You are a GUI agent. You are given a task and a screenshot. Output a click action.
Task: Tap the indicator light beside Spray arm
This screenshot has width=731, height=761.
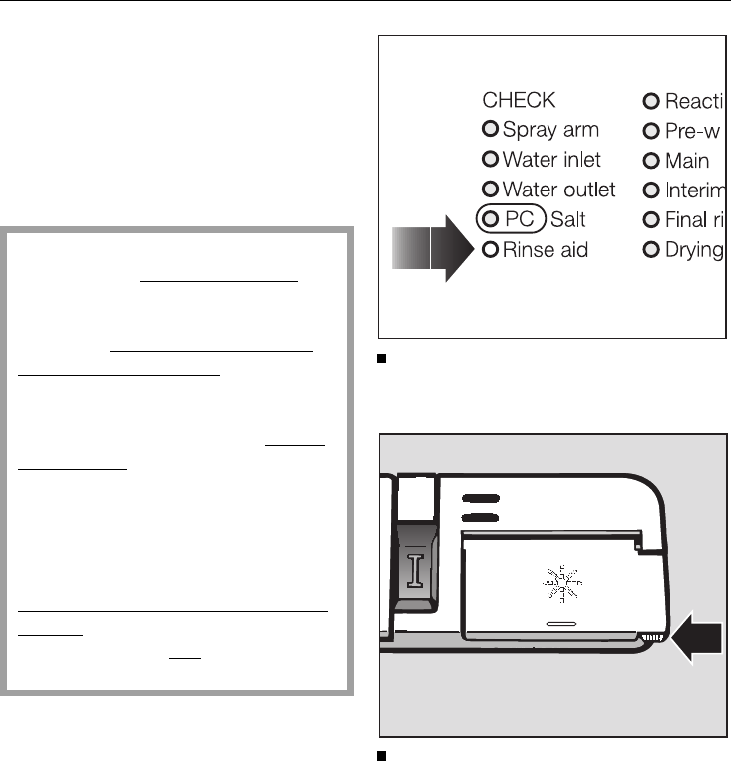[x=490, y=129]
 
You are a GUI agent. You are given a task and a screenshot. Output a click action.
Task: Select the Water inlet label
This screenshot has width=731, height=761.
[x=551, y=159]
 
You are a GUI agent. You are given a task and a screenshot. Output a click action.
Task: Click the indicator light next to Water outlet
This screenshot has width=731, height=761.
[x=490, y=189]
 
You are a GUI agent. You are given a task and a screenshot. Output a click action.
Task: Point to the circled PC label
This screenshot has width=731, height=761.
[x=512, y=218]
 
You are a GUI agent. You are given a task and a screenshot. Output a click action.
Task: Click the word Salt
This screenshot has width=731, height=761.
[x=569, y=218]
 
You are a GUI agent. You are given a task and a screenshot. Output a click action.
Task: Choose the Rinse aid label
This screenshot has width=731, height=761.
[x=546, y=249]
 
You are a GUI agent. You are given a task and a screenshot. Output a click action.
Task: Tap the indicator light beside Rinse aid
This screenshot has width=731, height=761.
[x=490, y=249]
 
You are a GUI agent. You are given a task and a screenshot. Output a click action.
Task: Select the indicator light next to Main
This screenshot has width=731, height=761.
[x=651, y=160]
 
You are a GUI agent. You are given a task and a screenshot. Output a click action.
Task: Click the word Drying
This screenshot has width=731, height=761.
[x=693, y=249]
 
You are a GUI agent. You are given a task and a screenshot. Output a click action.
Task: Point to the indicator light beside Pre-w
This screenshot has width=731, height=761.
[x=651, y=130]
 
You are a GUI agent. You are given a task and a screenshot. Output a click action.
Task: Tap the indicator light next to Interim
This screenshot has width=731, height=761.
[x=651, y=190]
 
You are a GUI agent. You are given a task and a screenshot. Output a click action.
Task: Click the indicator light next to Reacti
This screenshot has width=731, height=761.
[x=651, y=100]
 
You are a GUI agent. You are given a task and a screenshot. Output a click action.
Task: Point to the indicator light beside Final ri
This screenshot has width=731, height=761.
[x=651, y=219]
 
